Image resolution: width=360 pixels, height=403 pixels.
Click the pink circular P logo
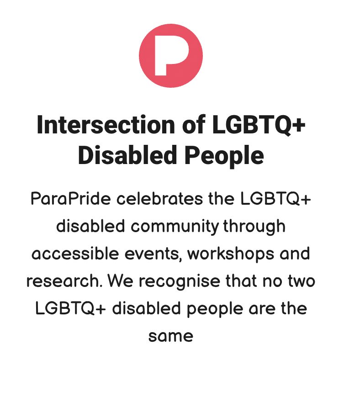[171, 56]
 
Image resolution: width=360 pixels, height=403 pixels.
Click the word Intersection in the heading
[106, 125]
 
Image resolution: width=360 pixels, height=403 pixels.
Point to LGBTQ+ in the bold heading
[259, 125]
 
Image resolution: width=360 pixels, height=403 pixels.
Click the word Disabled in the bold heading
[127, 155]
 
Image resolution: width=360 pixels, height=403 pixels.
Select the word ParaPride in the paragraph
[71, 199]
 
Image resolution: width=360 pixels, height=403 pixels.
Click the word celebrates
[160, 199]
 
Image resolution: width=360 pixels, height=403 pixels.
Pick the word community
[175, 227]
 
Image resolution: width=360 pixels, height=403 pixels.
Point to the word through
[254, 227]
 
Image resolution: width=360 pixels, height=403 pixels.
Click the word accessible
[75, 253]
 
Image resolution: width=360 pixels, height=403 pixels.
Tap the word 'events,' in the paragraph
[154, 254]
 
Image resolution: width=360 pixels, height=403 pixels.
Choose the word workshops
[231, 254]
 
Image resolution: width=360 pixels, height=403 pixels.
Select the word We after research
[120, 281]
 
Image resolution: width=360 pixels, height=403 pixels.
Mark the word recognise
[180, 281]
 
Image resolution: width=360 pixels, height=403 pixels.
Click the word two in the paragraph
[301, 281]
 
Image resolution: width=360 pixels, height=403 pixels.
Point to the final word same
[170, 336]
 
